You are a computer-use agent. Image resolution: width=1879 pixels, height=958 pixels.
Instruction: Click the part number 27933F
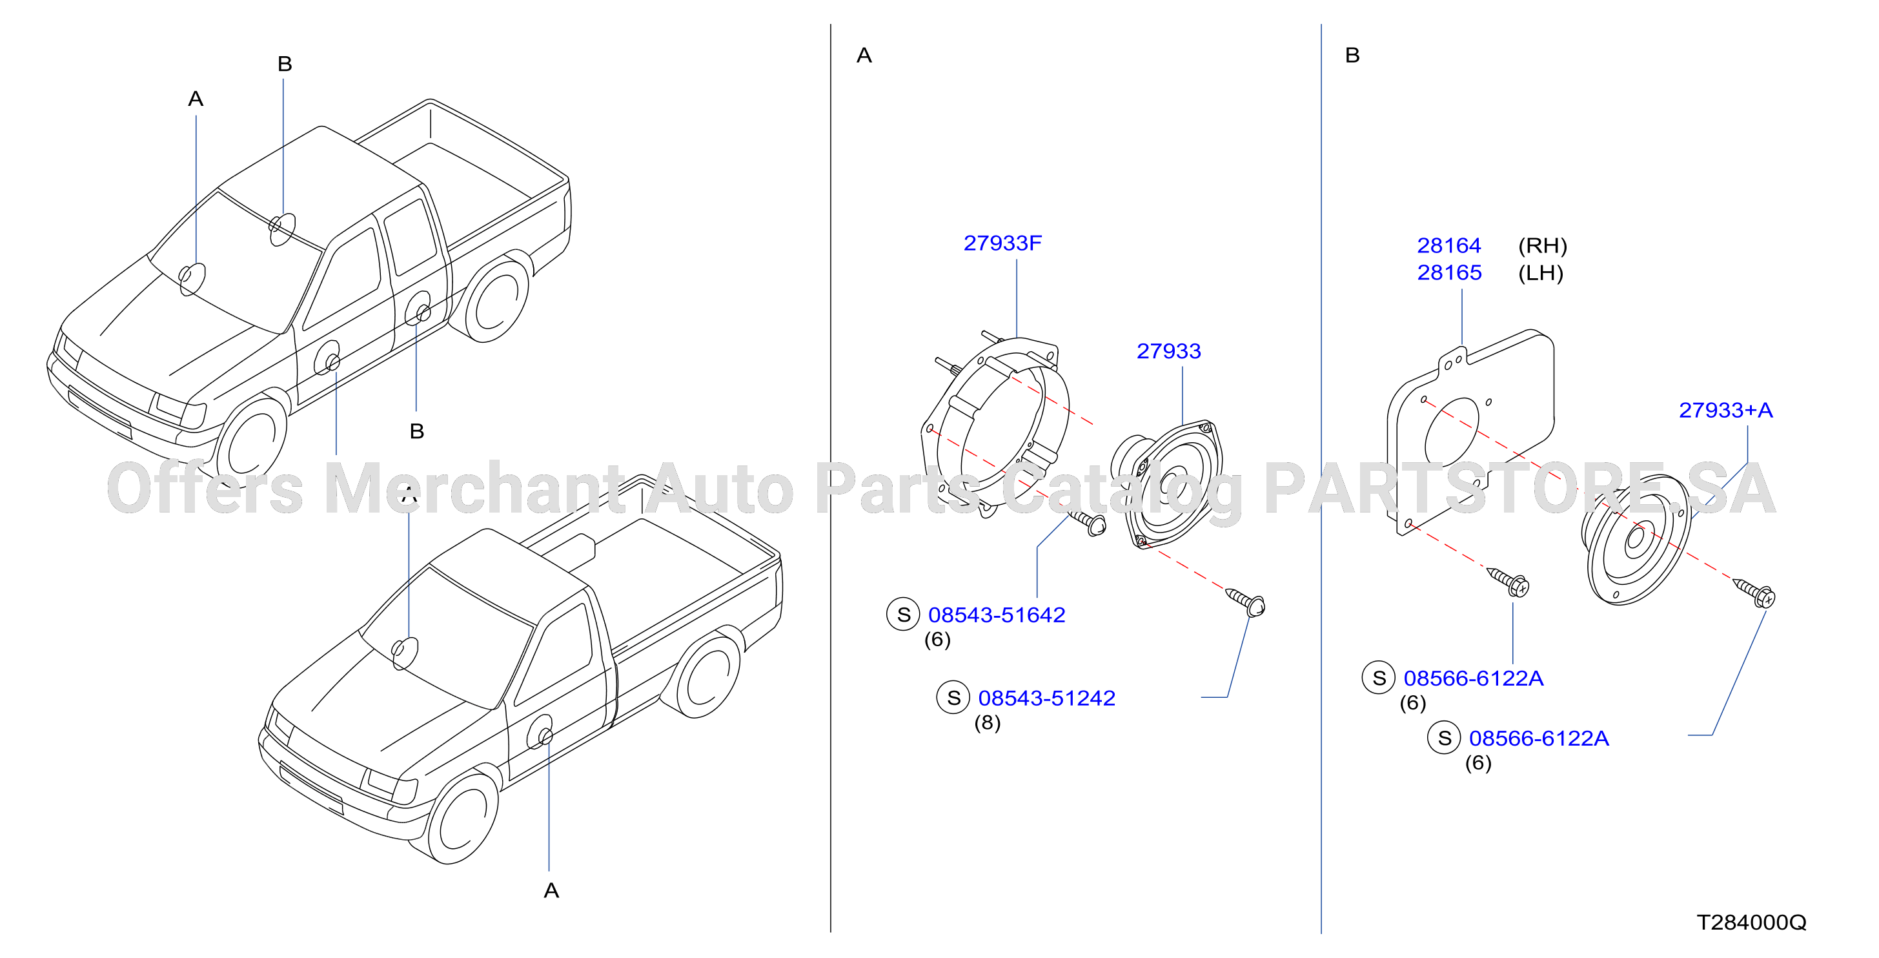[x=1002, y=243]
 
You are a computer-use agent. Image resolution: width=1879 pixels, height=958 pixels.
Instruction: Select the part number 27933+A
[x=1726, y=410]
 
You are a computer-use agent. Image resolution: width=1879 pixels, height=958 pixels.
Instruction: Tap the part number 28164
[x=1448, y=245]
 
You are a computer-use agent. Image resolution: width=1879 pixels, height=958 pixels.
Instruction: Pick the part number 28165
[x=1448, y=272]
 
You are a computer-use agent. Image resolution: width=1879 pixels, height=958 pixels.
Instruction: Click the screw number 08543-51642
[x=997, y=615]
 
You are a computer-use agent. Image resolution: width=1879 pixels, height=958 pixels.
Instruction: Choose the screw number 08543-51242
[x=1047, y=698]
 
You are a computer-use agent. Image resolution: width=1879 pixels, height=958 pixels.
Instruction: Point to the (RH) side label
[x=1543, y=246]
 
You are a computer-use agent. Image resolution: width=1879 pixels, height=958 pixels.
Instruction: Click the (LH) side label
[x=1541, y=273]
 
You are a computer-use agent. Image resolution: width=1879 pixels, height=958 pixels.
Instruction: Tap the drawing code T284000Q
[x=1751, y=922]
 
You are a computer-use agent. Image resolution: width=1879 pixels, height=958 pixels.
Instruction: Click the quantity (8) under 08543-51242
[x=988, y=722]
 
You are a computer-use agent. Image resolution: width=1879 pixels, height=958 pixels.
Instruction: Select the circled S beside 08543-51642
[x=903, y=615]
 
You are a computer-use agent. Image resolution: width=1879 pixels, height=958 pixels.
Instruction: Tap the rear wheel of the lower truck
[x=703, y=676]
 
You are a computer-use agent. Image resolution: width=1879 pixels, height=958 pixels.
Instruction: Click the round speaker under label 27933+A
[x=1636, y=539]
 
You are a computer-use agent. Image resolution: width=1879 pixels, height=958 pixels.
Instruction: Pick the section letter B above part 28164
[x=1352, y=56]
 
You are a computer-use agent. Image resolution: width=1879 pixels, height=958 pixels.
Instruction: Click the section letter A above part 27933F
[x=864, y=56]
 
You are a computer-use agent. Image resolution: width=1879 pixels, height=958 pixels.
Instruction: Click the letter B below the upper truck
[x=417, y=431]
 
